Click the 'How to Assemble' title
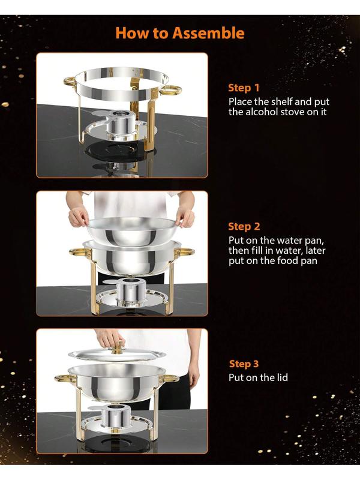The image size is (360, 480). point(180,33)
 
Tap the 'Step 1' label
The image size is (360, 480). point(244,88)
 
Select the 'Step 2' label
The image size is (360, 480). point(244,227)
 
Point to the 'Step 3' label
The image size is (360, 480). point(244,364)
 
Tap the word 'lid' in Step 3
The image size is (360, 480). point(281,377)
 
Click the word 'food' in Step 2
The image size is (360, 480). point(287,260)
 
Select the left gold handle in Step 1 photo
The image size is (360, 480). point(70,82)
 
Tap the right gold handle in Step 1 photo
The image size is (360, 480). point(170,89)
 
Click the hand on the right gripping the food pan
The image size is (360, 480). point(185,216)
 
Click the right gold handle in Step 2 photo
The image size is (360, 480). point(185,252)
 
